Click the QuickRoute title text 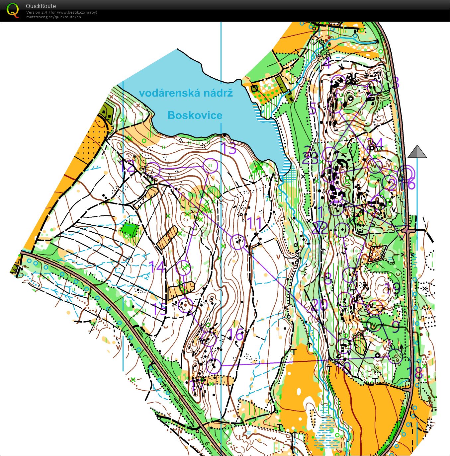pos(41,6)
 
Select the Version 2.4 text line pos(61,12)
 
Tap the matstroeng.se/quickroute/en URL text pos(53,17)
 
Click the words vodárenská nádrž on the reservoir pos(186,93)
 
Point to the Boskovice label pos(195,115)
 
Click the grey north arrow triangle pos(417,152)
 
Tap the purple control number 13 pos(229,148)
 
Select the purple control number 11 pos(255,223)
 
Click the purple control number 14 pos(157,266)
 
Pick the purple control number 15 pos(159,309)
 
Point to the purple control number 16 pos(236,336)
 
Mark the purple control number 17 pos(197,386)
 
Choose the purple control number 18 pos(418,372)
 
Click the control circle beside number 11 pos(238,242)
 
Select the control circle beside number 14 pos(183,267)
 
